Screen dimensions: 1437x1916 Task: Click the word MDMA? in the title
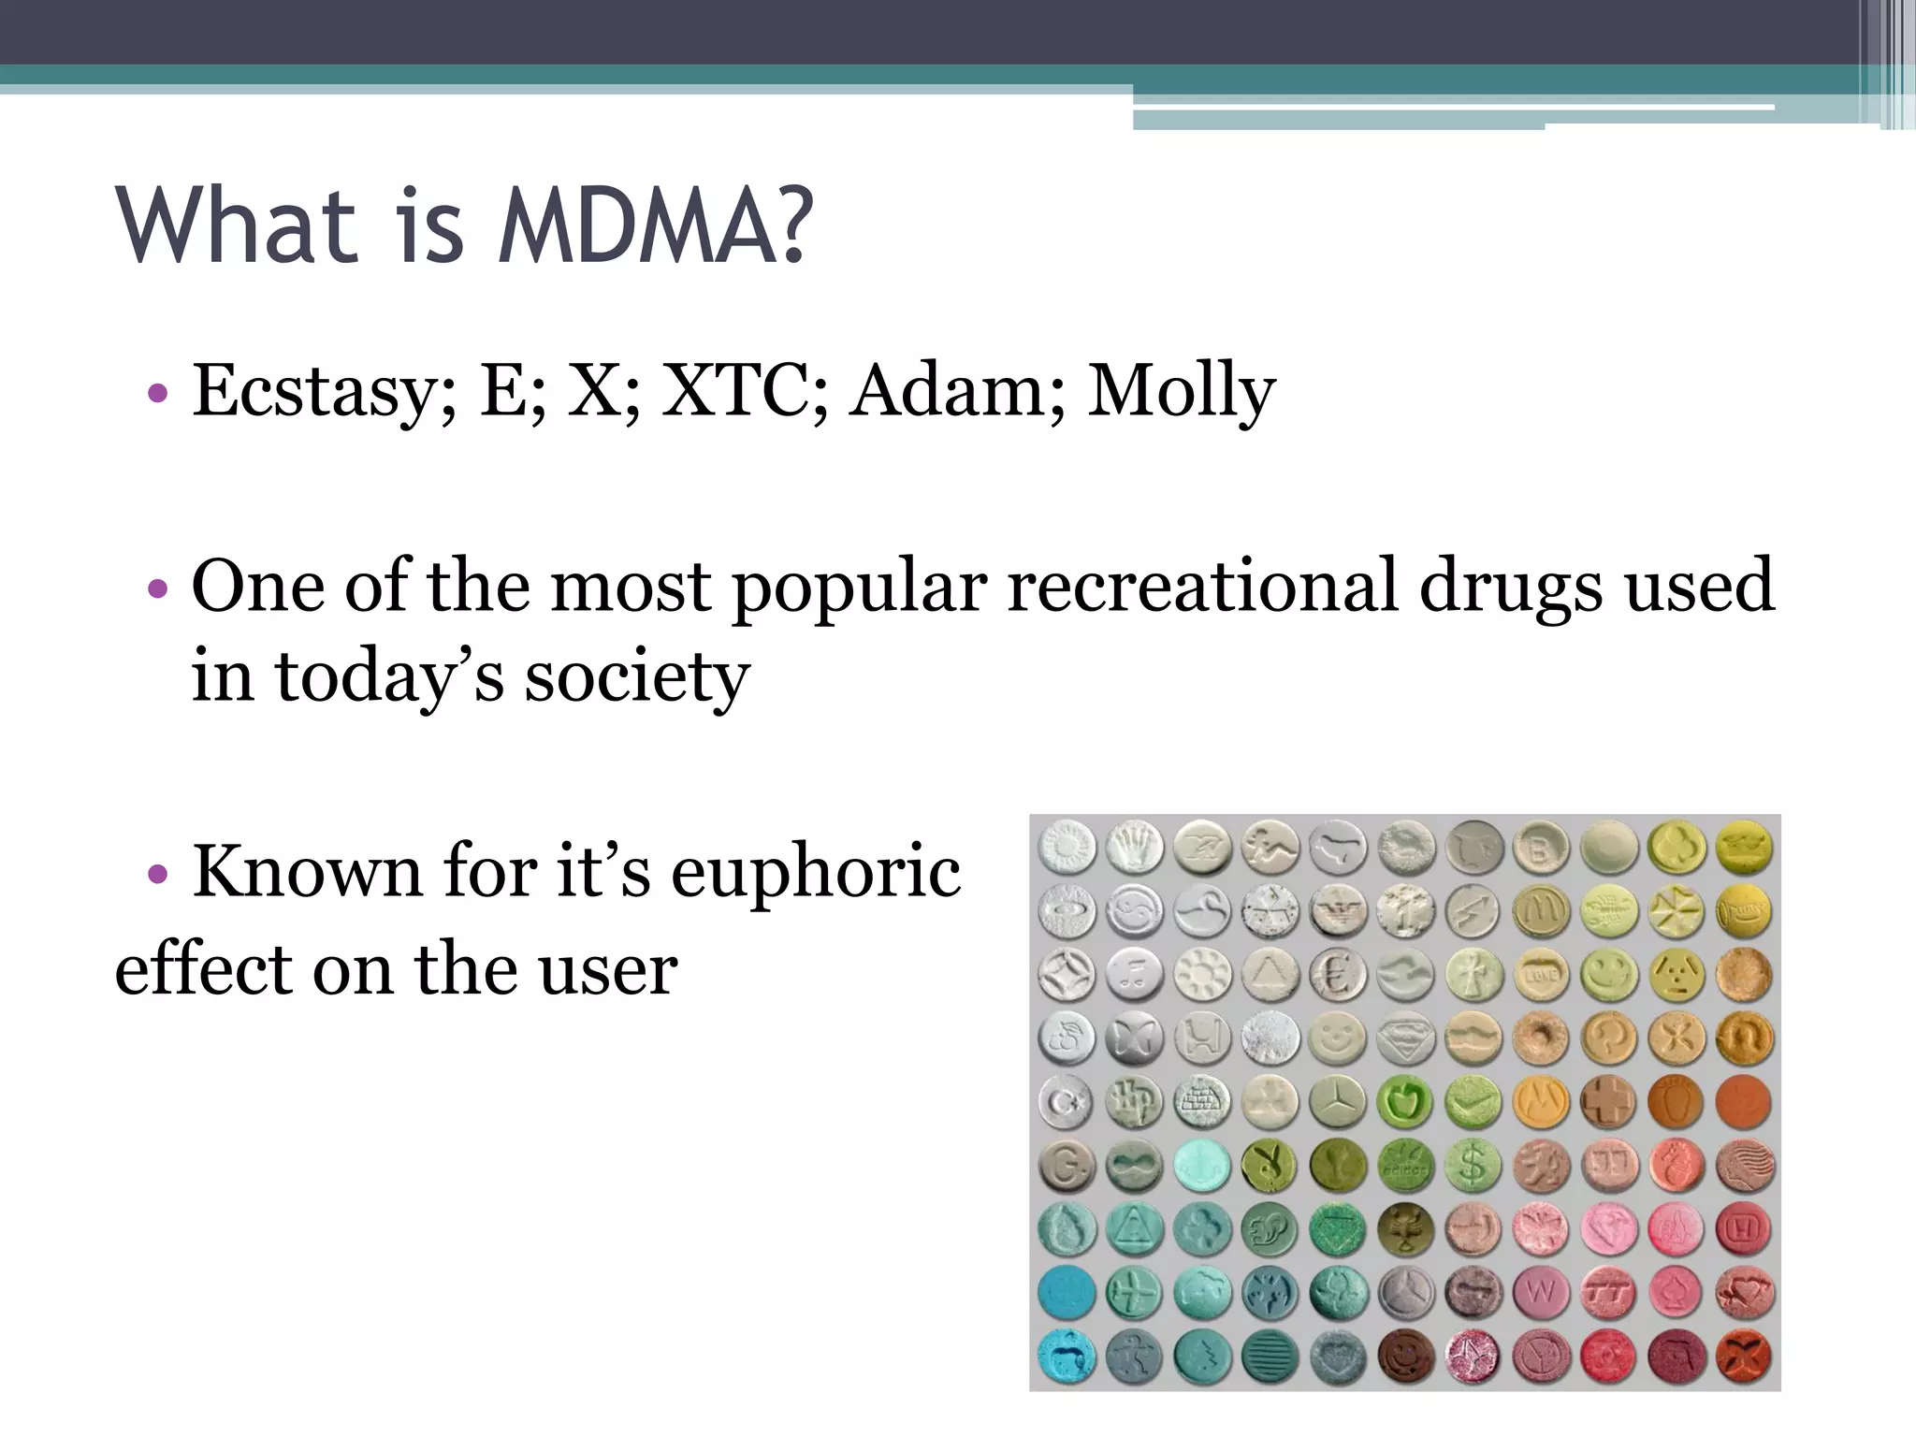(x=656, y=225)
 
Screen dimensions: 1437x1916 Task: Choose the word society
(x=636, y=675)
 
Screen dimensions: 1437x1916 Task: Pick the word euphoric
(x=816, y=870)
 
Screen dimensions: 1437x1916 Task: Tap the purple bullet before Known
(x=158, y=874)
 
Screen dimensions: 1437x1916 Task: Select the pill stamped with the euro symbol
(x=1338, y=975)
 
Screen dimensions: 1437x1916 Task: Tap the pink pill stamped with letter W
(x=1541, y=1293)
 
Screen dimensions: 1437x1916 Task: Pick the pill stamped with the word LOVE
(x=1541, y=975)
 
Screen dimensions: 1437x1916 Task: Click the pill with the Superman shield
(x=1405, y=1038)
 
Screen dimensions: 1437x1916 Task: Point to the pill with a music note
(x=1134, y=975)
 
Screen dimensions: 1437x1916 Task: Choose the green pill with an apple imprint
(x=1405, y=1101)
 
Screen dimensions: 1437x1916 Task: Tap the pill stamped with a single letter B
(x=1541, y=848)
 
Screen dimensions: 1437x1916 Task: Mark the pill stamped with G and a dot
(x=1067, y=1165)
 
